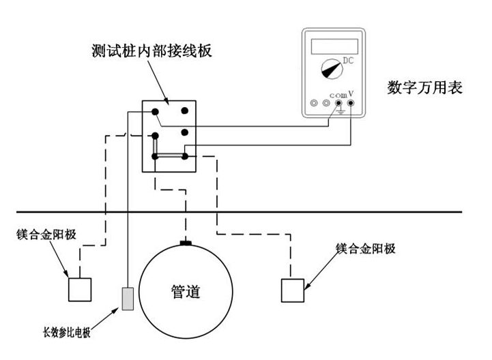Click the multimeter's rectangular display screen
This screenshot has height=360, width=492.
tap(334, 46)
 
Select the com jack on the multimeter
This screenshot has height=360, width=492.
tap(338, 104)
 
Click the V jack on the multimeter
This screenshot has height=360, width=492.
tap(351, 104)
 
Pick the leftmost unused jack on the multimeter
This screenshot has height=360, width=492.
tap(314, 104)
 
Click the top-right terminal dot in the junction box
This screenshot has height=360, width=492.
tap(184, 110)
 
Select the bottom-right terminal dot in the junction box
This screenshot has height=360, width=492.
tap(184, 156)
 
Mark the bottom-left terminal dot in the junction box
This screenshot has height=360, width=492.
tap(156, 156)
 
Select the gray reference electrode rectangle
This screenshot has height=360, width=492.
tap(128, 299)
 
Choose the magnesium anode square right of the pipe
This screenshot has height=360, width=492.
tap(293, 290)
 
